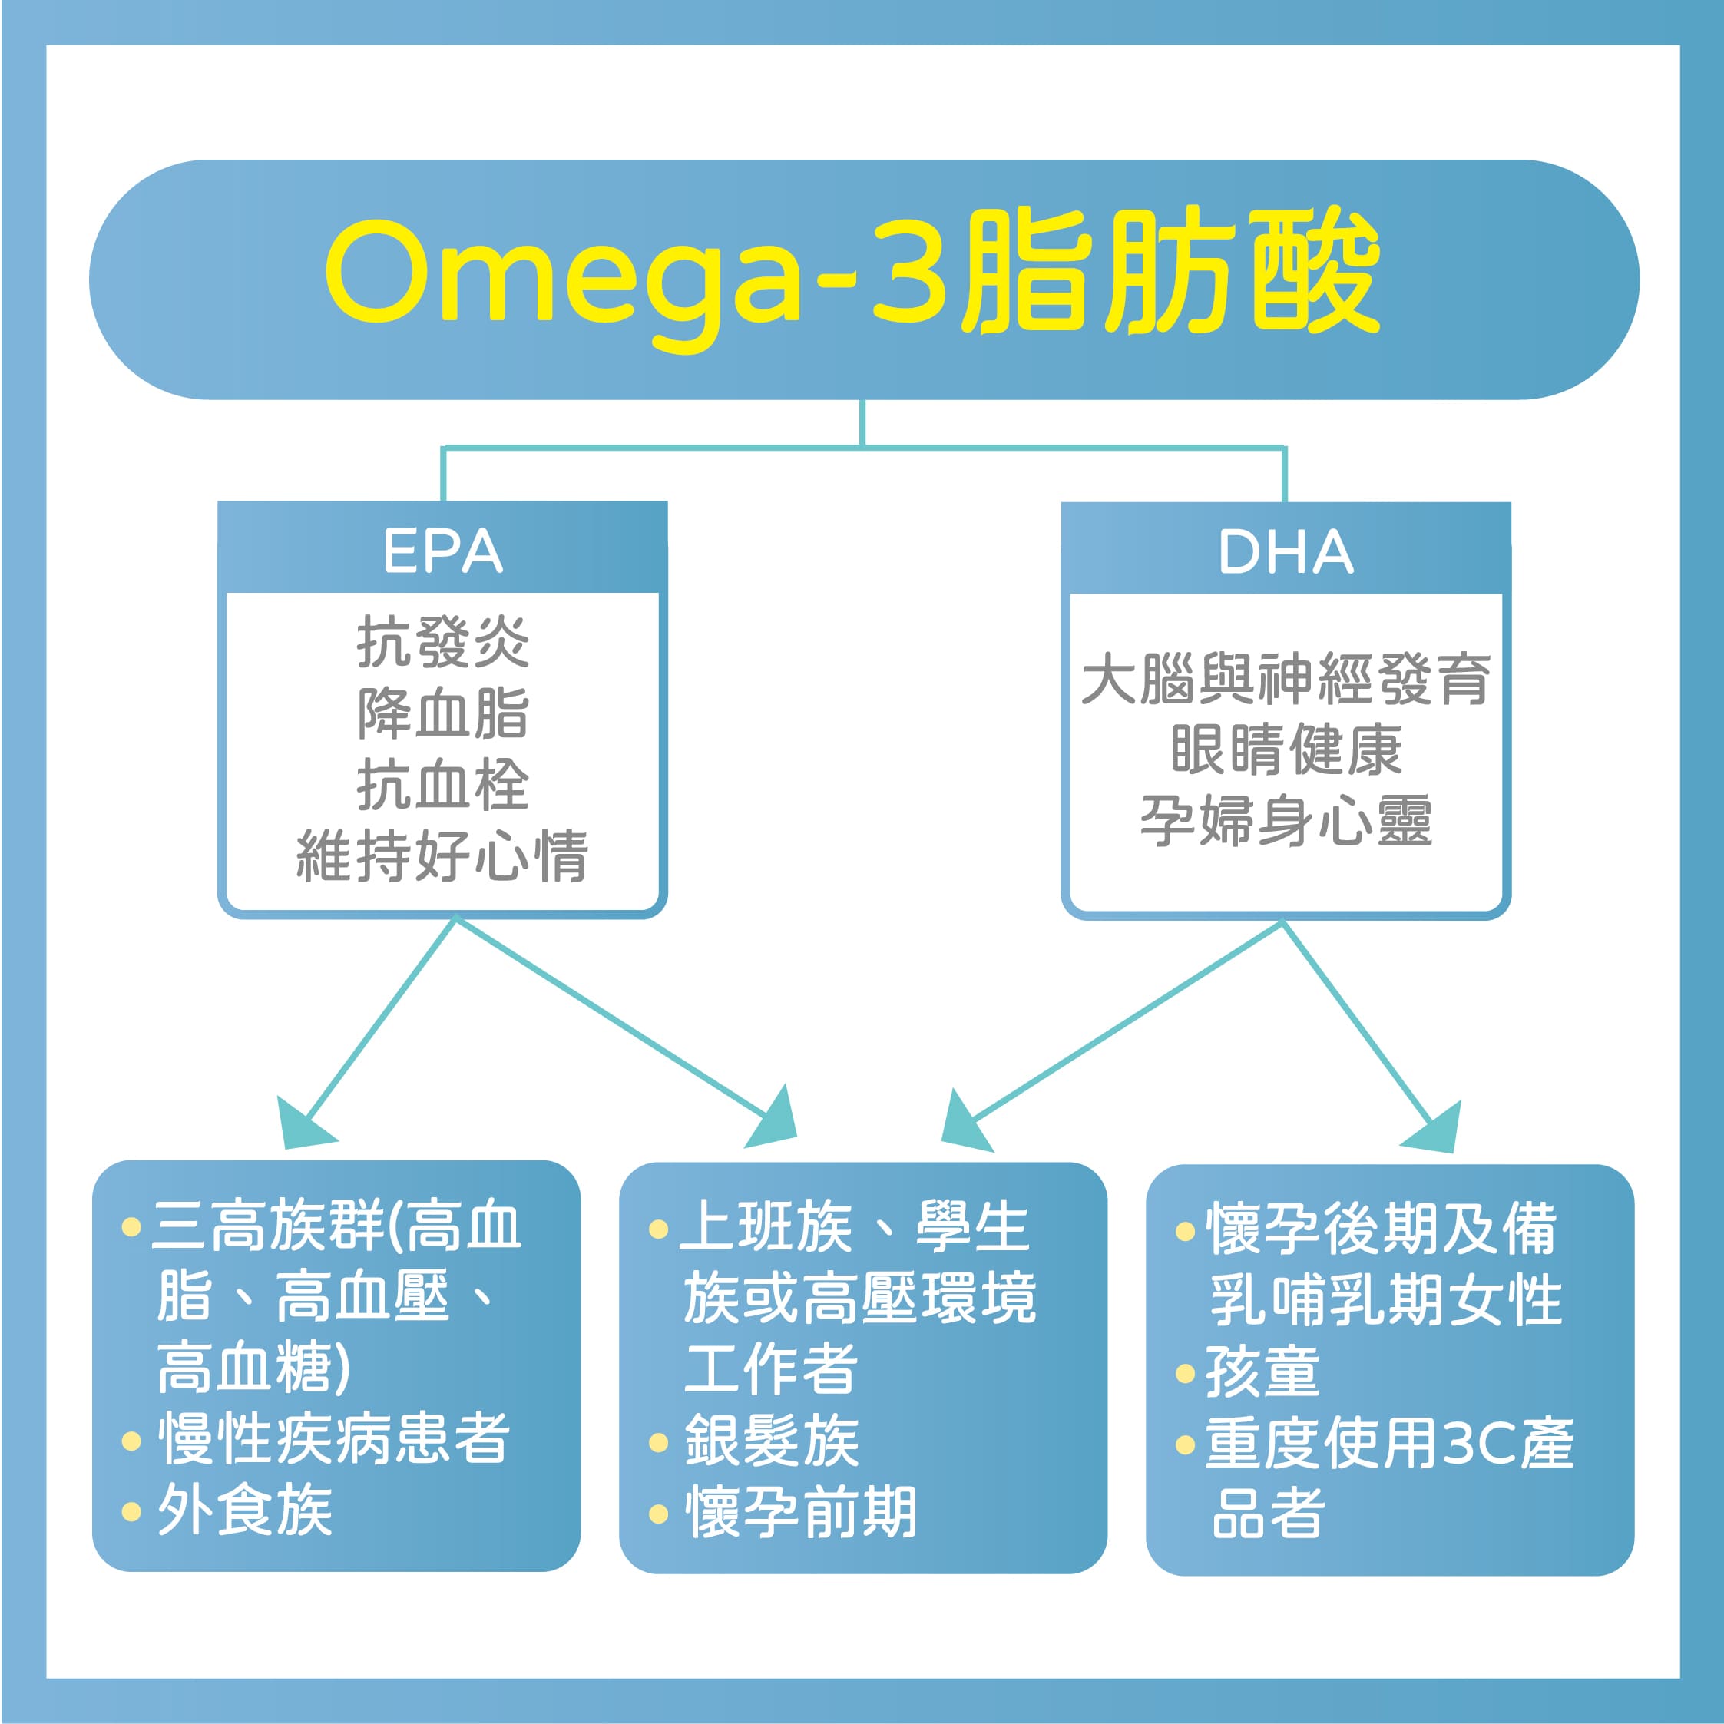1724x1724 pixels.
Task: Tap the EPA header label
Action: coord(442,551)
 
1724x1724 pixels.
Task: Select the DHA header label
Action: coord(1286,551)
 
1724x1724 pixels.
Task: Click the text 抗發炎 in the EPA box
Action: coord(442,641)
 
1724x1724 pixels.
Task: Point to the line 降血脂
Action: coord(442,713)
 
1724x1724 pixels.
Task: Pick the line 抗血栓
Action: coord(442,784)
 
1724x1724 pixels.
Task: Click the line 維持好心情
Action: coord(442,855)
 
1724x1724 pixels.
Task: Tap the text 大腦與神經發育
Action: coord(1286,679)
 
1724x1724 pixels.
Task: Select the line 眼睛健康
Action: coord(1286,749)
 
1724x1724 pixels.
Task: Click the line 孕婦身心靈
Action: coord(1286,821)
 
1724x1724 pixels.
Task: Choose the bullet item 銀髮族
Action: coord(755,1441)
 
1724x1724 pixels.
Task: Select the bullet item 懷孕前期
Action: coord(783,1513)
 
